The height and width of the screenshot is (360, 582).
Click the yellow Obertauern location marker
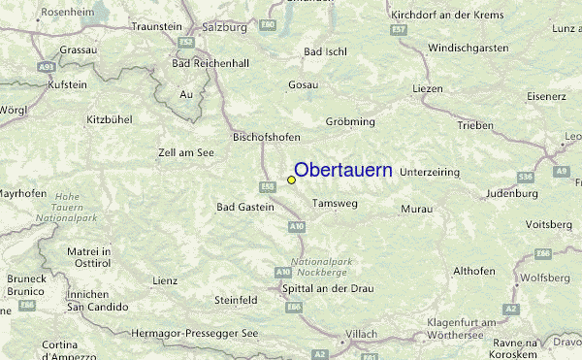pyautogui.click(x=291, y=180)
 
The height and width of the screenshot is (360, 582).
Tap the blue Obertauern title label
pyautogui.click(x=342, y=170)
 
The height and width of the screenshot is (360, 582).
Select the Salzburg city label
pyautogui.click(x=224, y=27)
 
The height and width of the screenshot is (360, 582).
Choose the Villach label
pyautogui.click(x=362, y=334)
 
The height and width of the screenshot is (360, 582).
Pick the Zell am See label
pyautogui.click(x=186, y=153)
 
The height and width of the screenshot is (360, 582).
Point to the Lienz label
pyautogui.click(x=164, y=280)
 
